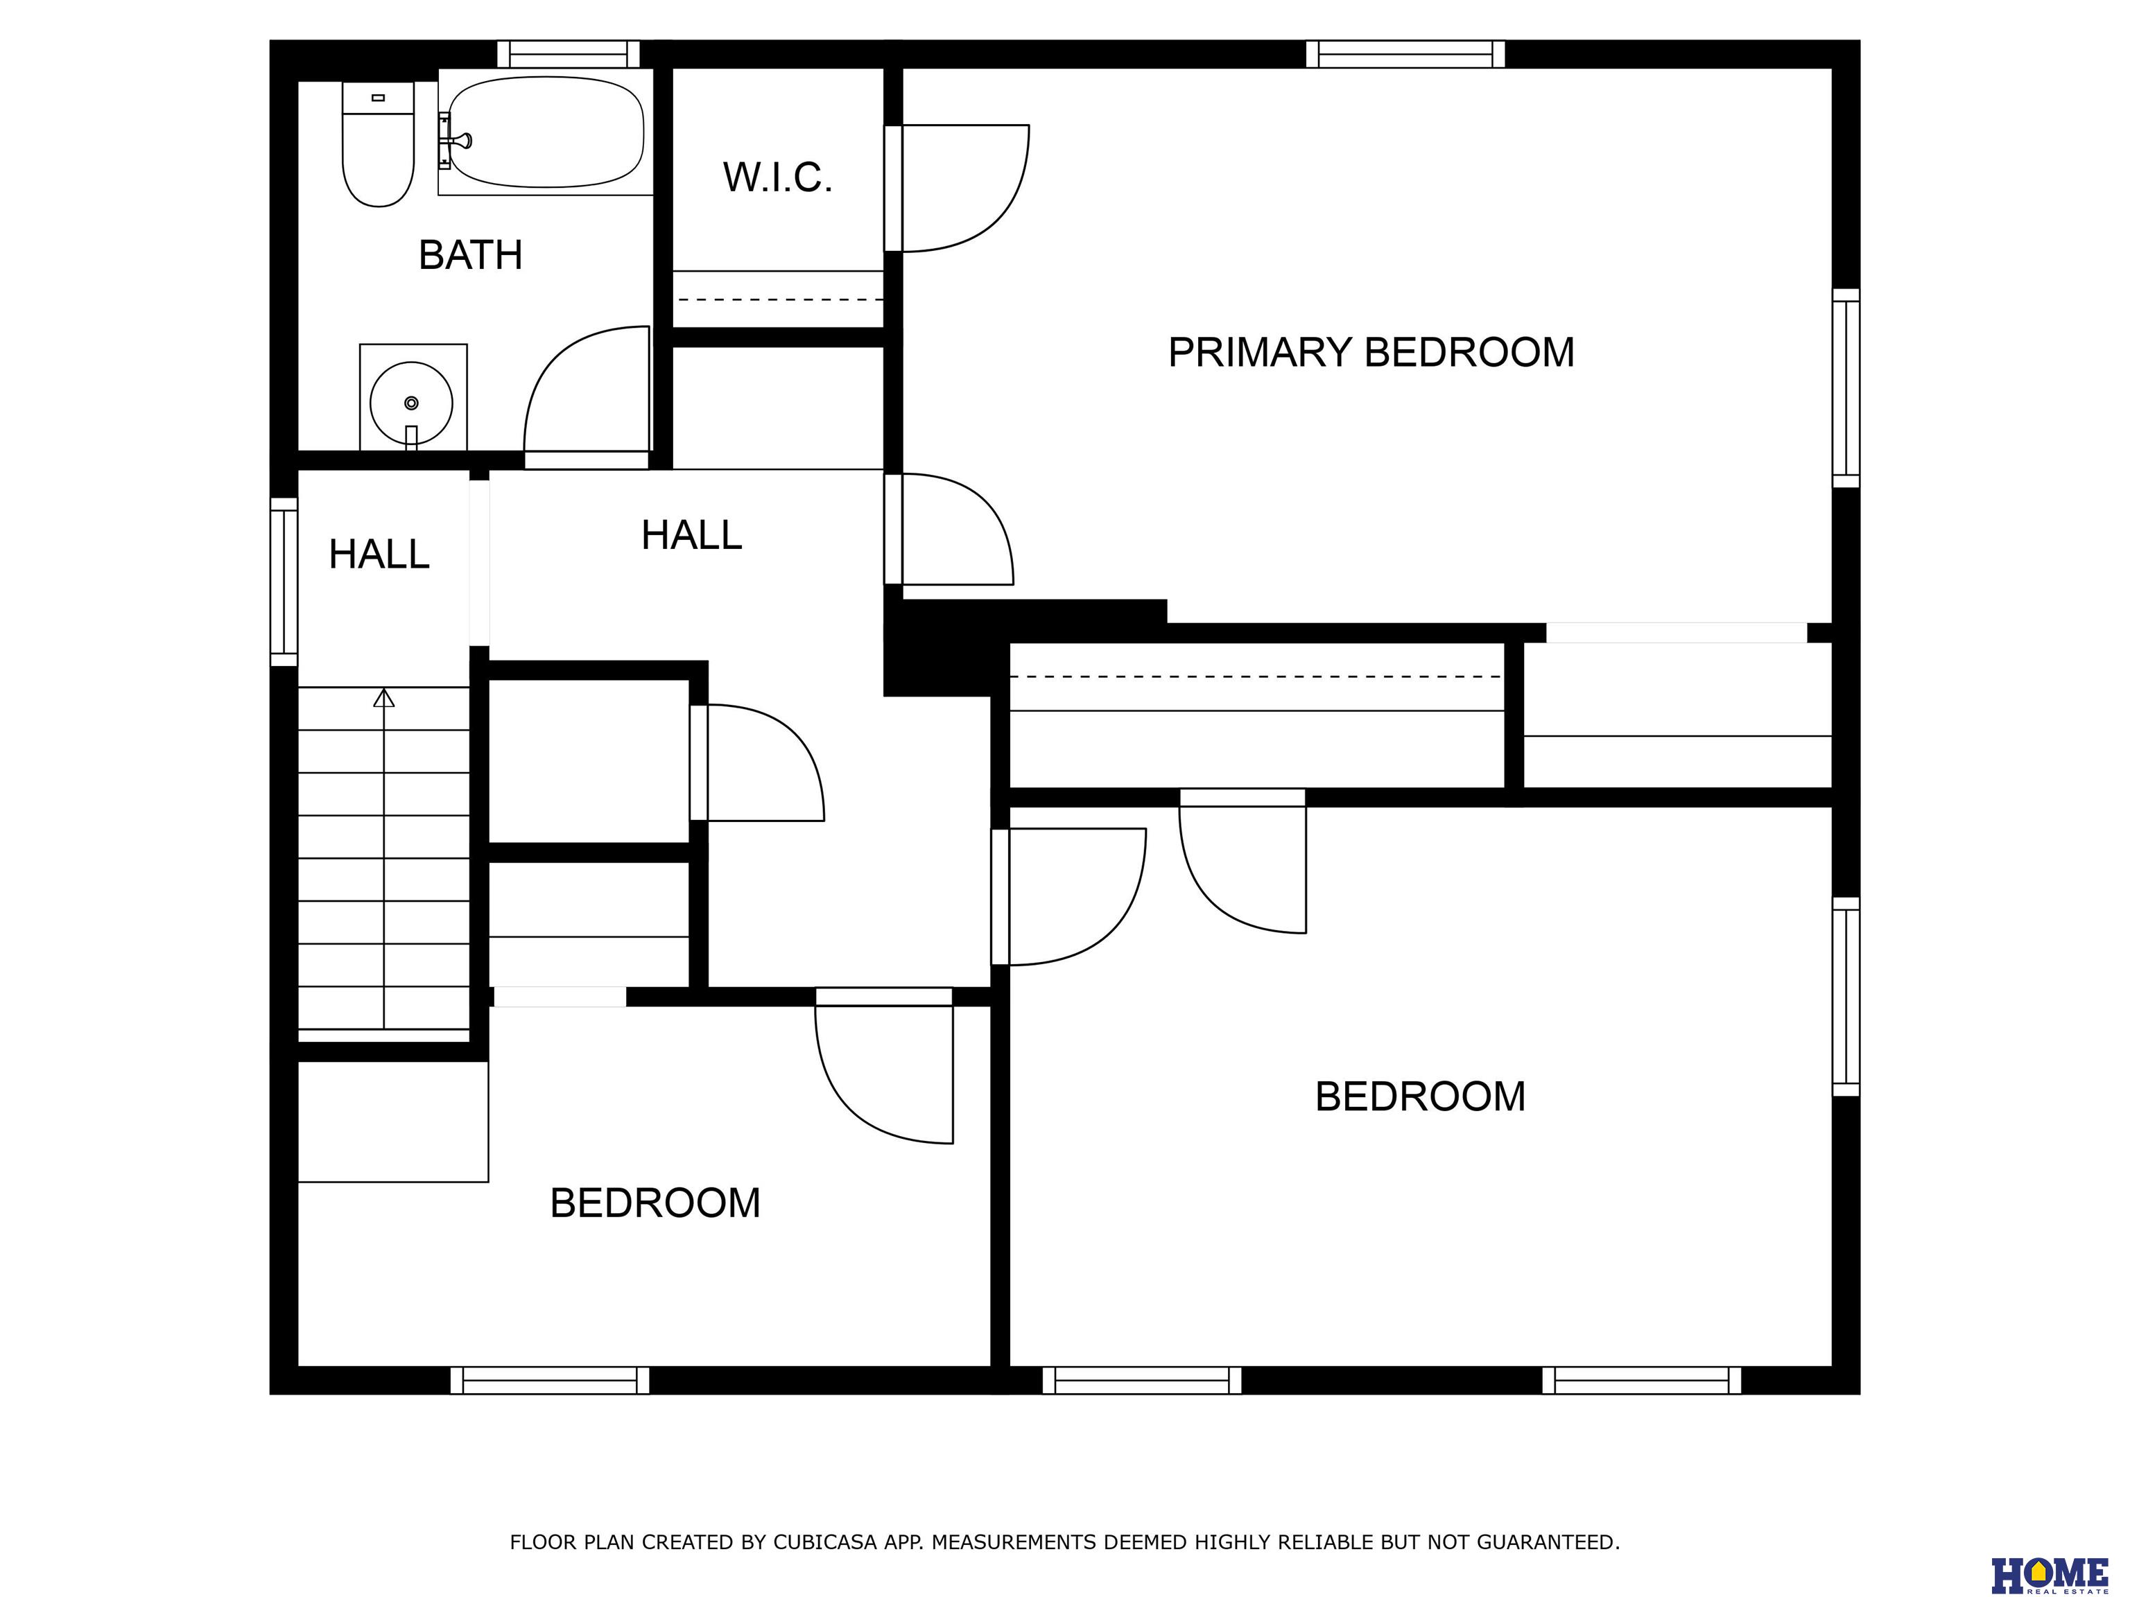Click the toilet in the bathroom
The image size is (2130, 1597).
point(377,143)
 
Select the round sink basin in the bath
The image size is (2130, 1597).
point(411,403)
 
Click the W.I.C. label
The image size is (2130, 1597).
point(777,178)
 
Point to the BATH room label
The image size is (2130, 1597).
point(470,255)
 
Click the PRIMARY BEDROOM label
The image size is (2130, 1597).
point(1371,352)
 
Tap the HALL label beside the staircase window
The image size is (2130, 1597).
point(379,555)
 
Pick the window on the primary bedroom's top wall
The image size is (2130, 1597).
point(1405,54)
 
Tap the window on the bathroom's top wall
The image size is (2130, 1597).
point(568,54)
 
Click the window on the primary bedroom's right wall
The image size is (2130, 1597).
point(1846,388)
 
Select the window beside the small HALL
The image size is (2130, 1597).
point(284,582)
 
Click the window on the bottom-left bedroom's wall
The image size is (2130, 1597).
point(550,1381)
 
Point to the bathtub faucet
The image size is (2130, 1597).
point(455,141)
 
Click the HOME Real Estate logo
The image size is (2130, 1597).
point(2049,1567)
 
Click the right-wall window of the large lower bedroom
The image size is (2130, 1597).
point(1846,996)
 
